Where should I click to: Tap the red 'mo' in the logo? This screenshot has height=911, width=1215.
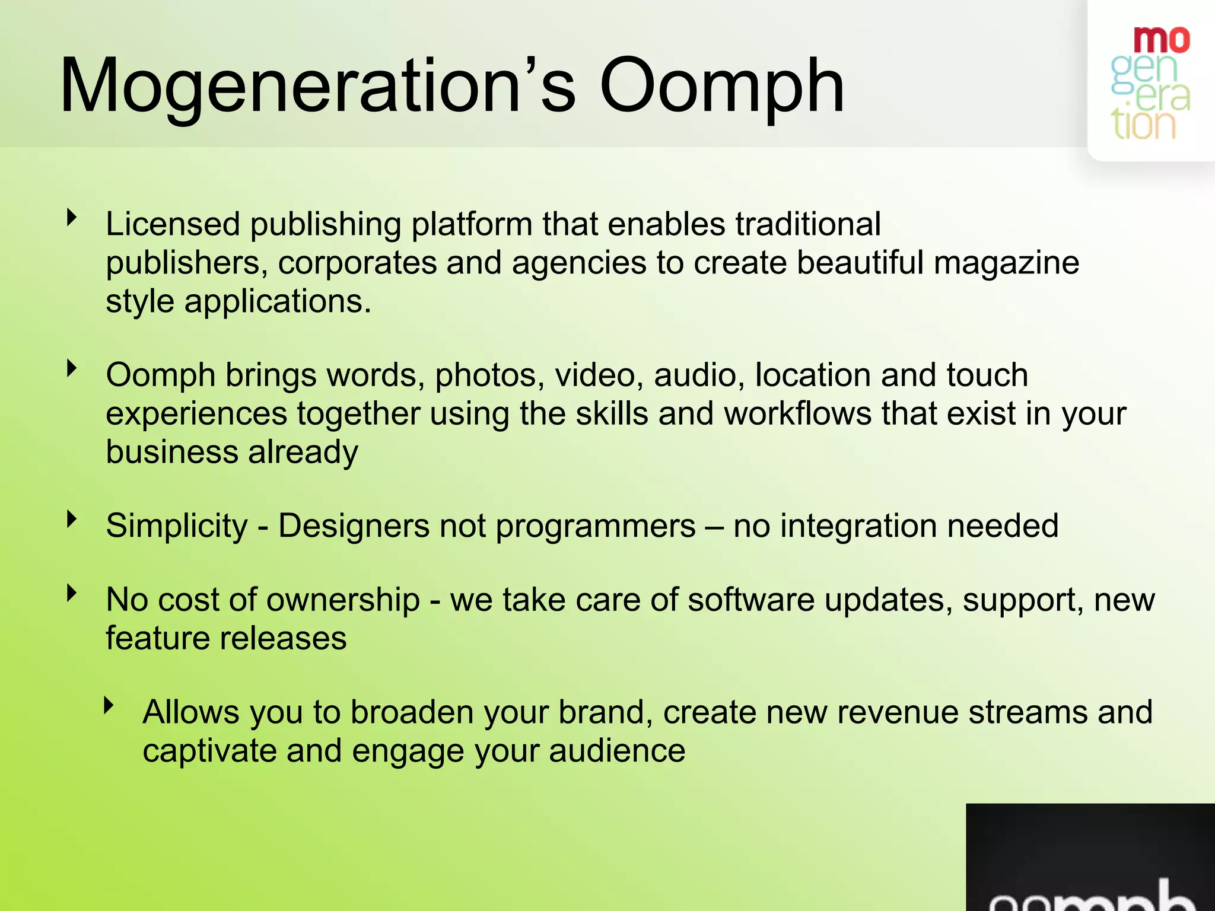click(1161, 40)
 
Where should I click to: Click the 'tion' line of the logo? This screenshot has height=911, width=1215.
click(1143, 125)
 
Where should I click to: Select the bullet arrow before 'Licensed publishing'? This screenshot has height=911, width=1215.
click(72, 217)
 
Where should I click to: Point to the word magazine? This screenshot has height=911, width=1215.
click(1006, 263)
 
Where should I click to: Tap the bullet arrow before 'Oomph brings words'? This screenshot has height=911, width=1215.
click(72, 368)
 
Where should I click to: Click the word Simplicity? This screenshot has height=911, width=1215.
click(176, 526)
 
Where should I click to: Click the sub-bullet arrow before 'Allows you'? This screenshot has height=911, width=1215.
click(108, 705)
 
